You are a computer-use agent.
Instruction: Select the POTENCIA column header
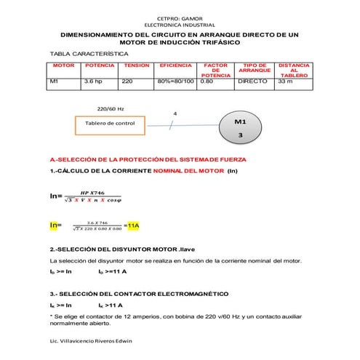(x=100, y=65)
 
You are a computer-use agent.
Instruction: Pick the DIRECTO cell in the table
(x=253, y=82)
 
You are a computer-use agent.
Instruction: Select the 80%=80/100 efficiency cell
(x=176, y=82)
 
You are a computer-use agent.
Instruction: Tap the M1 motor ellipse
(x=241, y=127)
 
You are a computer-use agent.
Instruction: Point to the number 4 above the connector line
(x=175, y=114)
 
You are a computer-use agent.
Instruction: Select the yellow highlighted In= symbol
(x=56, y=225)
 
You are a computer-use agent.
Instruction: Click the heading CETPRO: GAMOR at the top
(x=180, y=16)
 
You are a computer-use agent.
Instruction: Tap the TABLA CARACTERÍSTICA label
(x=82, y=55)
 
